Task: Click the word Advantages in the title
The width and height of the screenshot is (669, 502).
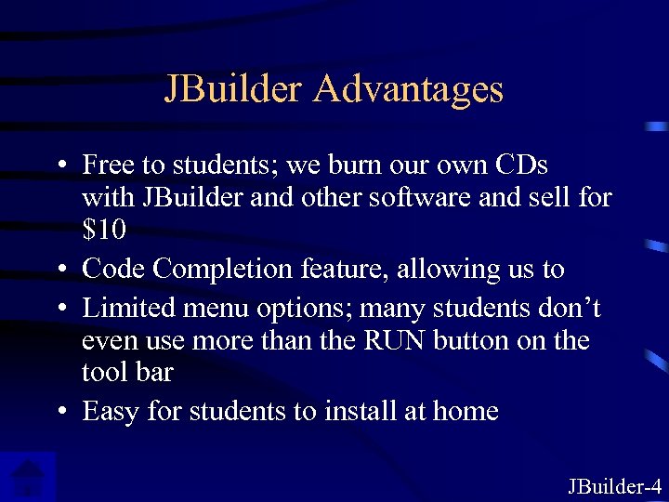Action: pyautogui.click(x=408, y=89)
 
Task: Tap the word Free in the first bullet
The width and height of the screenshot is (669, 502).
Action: pyautogui.click(x=108, y=165)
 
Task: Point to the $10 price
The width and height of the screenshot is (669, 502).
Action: pyautogui.click(x=104, y=229)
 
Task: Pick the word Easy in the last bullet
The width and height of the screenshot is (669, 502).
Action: pyautogui.click(x=111, y=411)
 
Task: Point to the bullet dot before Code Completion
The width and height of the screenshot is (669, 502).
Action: pyautogui.click(x=59, y=271)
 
